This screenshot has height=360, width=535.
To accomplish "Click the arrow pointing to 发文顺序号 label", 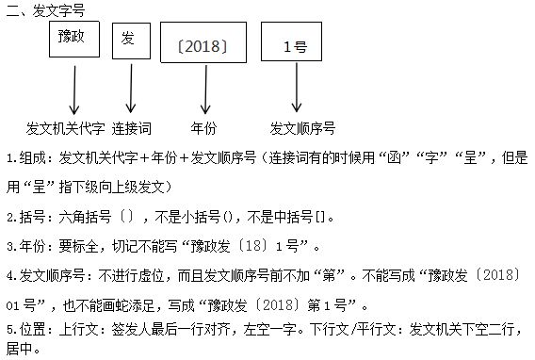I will coord(298,95).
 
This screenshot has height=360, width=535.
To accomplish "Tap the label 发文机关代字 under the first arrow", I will coord(65,127).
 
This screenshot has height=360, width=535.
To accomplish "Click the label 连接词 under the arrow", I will coord(132,127).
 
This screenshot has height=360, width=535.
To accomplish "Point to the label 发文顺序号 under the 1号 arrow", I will coord(302,127).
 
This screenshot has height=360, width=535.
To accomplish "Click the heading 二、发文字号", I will coord(42,10).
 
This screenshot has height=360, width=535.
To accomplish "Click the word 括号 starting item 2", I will coord(31,217).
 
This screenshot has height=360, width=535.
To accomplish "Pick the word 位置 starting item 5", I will coord(31,330).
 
